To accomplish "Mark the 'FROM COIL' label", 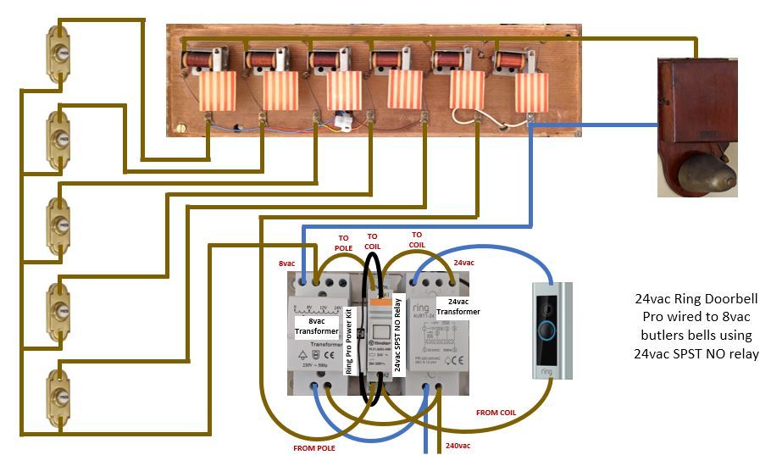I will tap(496, 412).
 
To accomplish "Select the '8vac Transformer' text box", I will tap(317, 325).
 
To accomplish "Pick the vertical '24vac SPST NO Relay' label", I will tap(397, 327).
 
